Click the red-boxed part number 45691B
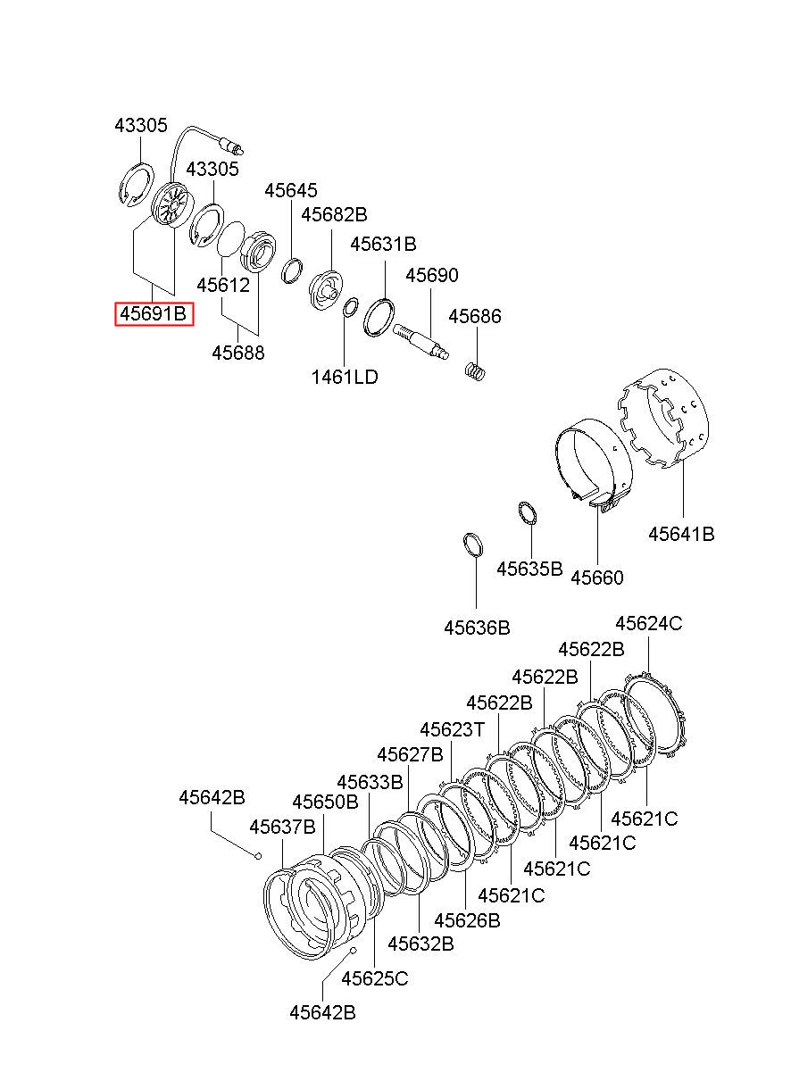point(154,313)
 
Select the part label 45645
point(290,191)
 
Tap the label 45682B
point(334,214)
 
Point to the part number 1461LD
point(344,377)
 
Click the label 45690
point(432,275)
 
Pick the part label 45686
point(475,316)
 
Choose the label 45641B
point(681,534)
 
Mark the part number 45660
point(597,578)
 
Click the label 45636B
point(477,628)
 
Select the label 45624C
point(649,623)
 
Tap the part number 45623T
point(452,729)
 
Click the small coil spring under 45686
point(474,371)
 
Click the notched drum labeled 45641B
point(664,419)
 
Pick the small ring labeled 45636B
point(473,545)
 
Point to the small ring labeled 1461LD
point(350,307)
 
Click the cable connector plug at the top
point(230,146)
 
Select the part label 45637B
point(282,827)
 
